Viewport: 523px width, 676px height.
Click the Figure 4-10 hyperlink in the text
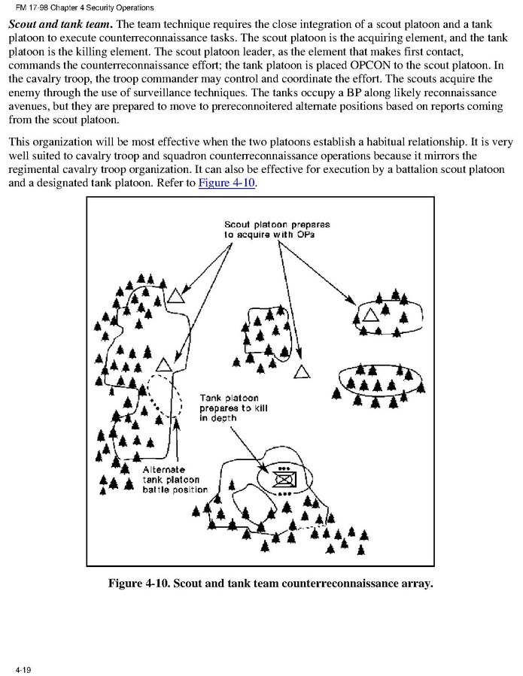227,183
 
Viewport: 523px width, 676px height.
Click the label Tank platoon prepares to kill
234,408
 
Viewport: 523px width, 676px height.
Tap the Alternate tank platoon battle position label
175,479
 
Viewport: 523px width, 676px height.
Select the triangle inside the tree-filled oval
369,314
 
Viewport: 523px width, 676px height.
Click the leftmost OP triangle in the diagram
175,295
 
